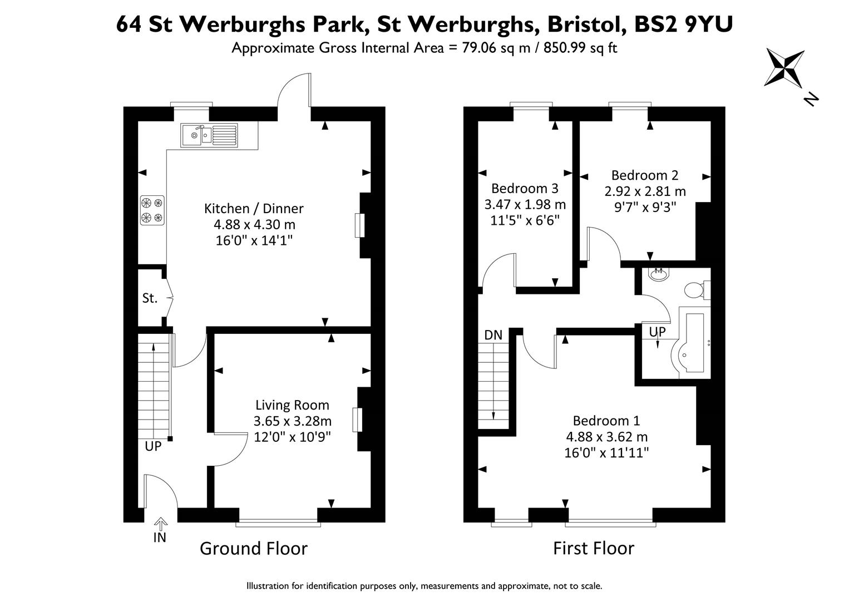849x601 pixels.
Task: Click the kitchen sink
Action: tap(209, 135)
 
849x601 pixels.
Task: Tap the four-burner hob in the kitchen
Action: tap(152, 210)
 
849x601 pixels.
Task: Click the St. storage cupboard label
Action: tap(150, 298)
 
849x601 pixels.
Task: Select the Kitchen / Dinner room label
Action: tap(254, 208)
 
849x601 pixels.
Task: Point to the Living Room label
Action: tap(292, 405)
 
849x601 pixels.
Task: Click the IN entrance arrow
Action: tap(161, 524)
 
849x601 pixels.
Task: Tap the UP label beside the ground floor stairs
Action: tap(153, 446)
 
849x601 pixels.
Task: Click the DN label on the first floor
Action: tap(493, 335)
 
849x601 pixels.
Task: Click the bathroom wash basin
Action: tap(659, 274)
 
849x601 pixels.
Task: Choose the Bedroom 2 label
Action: tap(645, 175)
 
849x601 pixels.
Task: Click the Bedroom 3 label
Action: tap(525, 188)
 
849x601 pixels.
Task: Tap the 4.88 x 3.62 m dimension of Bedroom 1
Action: tap(607, 437)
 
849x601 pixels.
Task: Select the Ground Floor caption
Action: tap(254, 548)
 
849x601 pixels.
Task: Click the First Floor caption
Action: tap(594, 548)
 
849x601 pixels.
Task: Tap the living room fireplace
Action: tap(357, 420)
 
